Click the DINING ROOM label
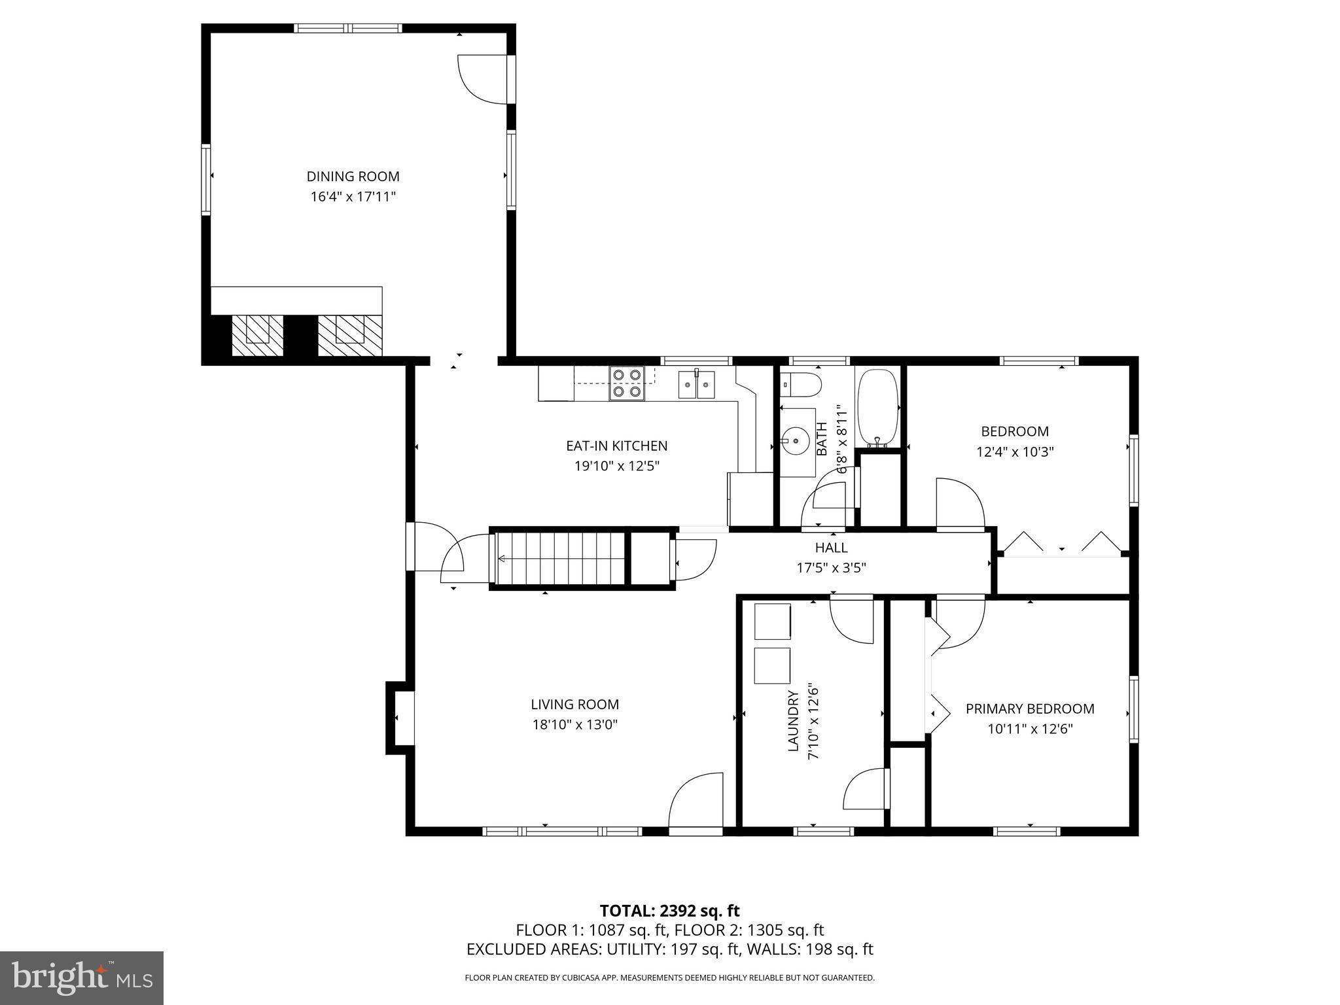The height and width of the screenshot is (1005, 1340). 353,177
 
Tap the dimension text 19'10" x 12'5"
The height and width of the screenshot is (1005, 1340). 616,467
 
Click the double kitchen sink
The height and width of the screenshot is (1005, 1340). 696,385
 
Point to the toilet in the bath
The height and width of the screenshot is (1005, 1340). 802,385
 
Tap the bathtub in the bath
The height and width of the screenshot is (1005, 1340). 877,407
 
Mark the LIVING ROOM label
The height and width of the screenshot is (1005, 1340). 574,705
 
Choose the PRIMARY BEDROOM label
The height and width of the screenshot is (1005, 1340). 1030,709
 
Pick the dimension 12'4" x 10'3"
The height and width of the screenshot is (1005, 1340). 1015,451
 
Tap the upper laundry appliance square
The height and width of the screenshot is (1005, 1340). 772,622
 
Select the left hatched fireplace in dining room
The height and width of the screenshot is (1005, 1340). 258,336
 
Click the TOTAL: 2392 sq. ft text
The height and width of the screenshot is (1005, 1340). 669,911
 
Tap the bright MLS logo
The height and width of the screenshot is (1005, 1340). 82,978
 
